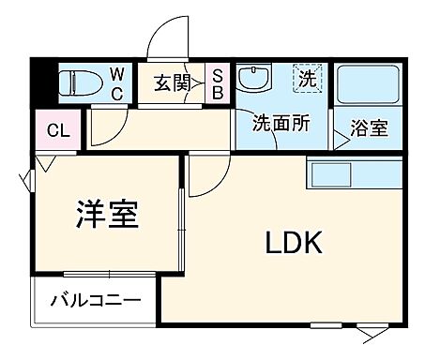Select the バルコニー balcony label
[96, 302]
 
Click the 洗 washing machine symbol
[306, 78]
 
